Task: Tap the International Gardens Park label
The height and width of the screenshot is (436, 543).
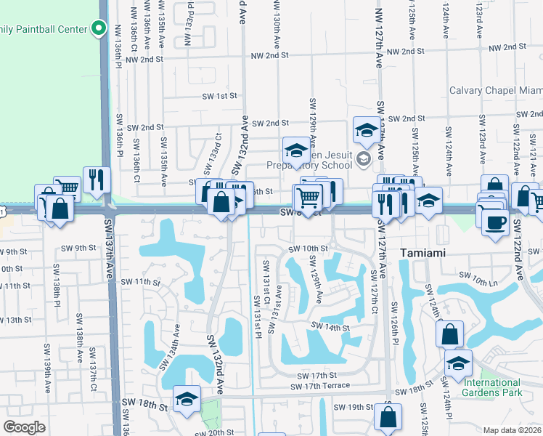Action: point(493,387)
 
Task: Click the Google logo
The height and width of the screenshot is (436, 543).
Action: point(24,427)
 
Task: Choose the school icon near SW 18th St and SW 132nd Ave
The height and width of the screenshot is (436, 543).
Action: point(187,398)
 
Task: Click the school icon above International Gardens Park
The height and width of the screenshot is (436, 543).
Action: point(457,363)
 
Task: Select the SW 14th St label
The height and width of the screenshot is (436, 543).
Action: point(331,328)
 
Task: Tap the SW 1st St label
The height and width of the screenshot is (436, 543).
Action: point(220,96)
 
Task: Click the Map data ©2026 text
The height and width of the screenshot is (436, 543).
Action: point(513,430)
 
